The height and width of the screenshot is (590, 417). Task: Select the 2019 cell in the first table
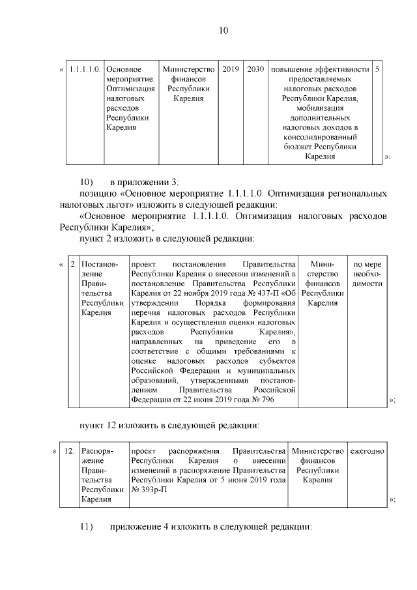click(231, 69)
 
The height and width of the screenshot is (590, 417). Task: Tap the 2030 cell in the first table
click(255, 69)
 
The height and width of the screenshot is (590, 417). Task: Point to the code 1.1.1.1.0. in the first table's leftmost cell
click(83, 69)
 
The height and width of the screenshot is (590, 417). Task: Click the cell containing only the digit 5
click(379, 69)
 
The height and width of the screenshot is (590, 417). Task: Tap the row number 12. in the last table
click(68, 451)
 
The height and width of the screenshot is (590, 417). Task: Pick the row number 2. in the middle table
click(73, 265)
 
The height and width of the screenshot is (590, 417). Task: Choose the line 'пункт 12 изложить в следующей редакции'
click(169, 426)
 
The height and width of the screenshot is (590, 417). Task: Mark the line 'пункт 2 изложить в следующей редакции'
click(167, 239)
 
